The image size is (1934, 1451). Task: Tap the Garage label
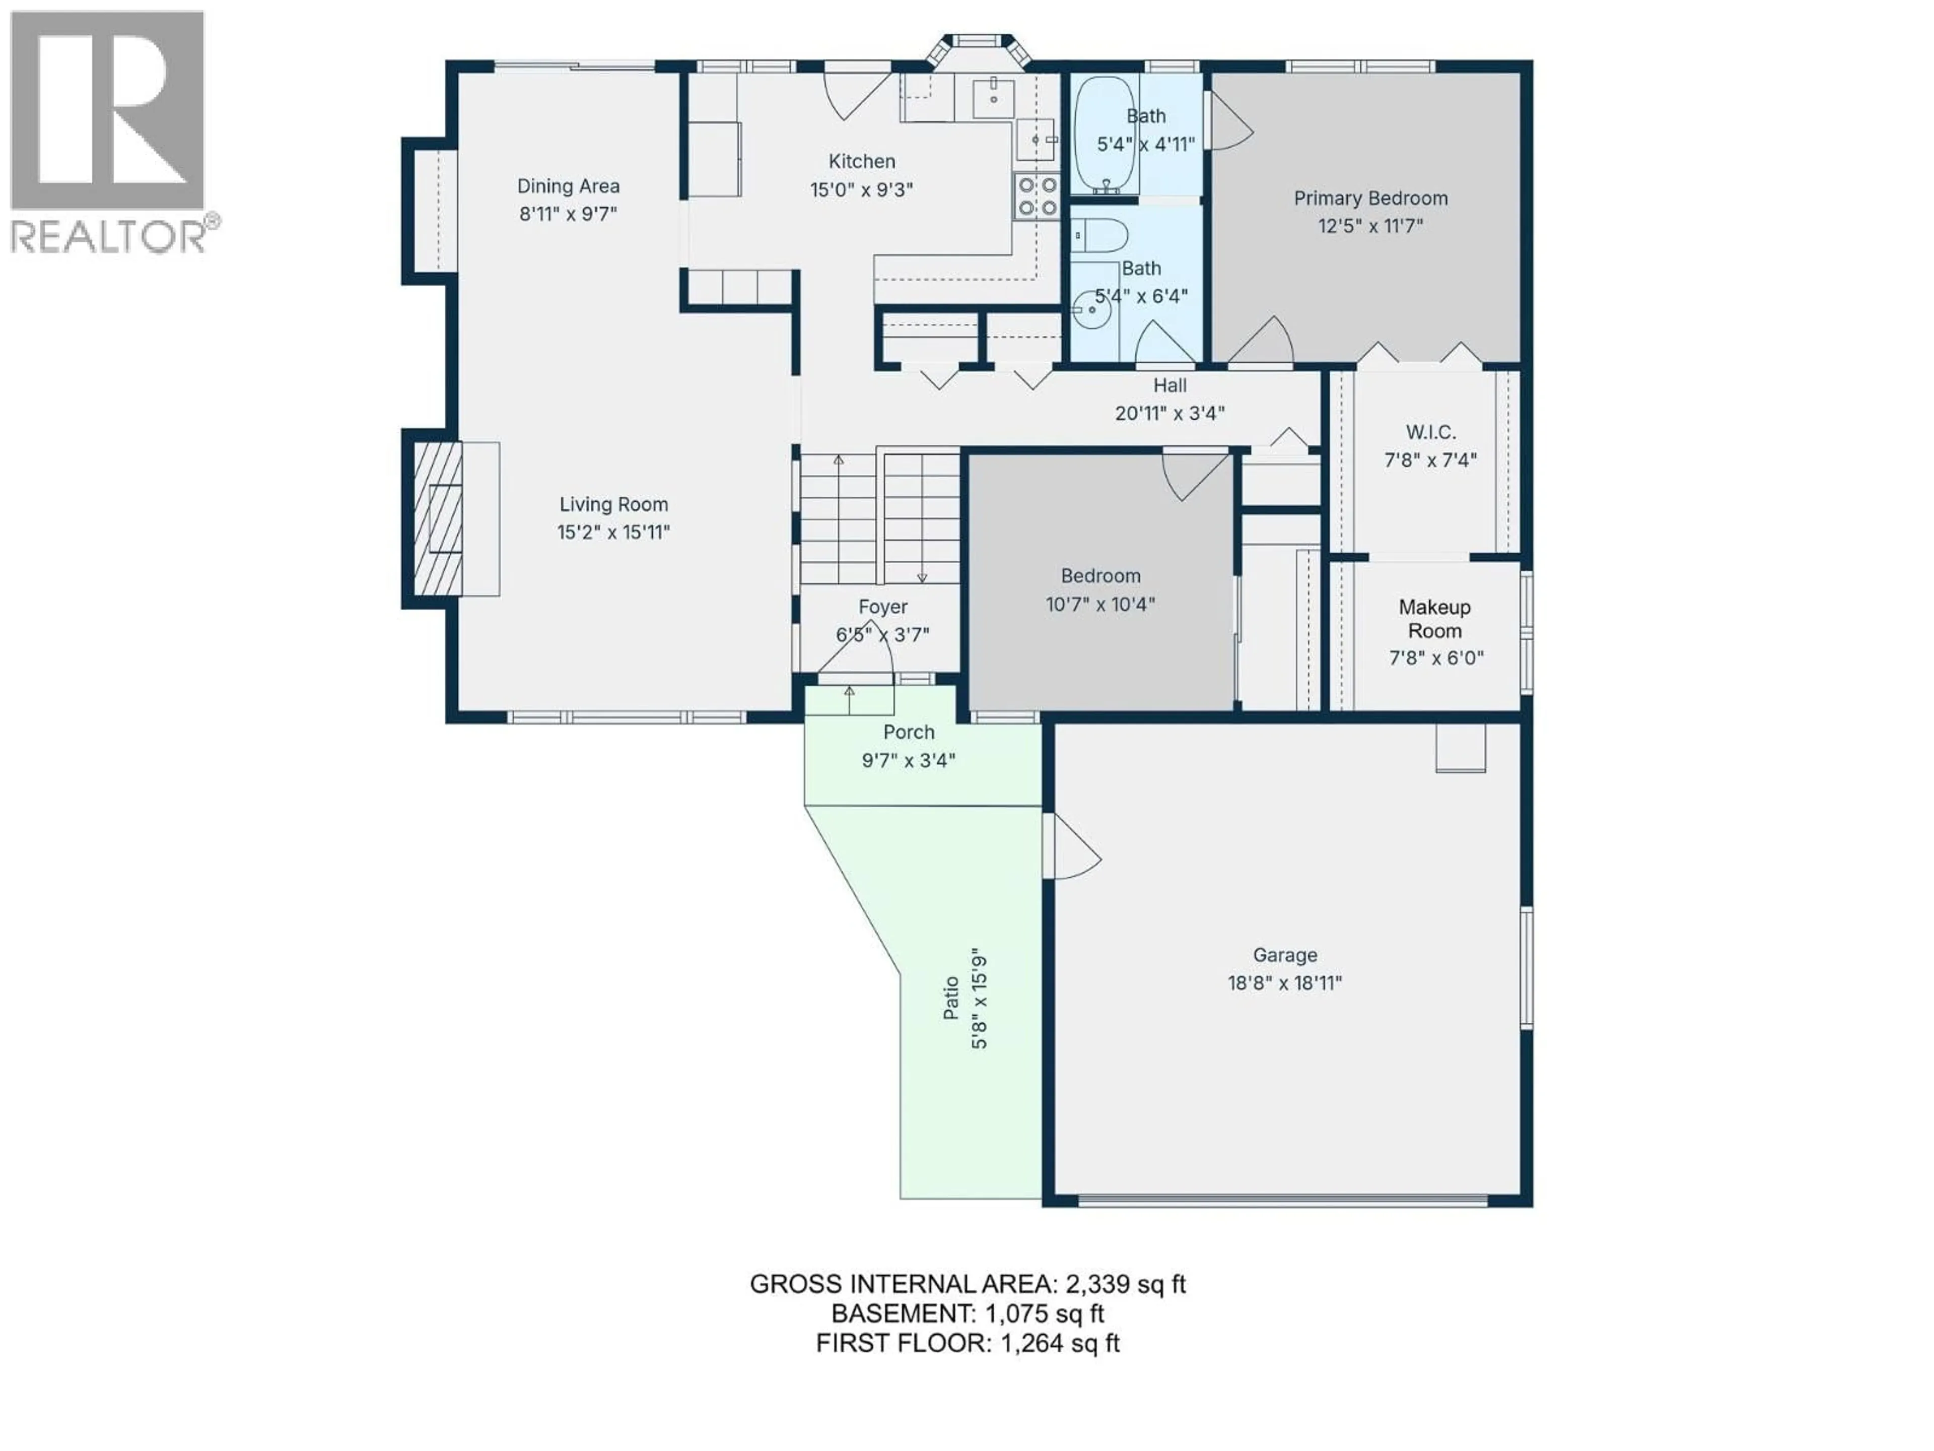coord(1284,955)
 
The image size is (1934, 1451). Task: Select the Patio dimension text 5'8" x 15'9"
coord(979,998)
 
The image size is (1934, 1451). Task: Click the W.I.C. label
coord(1430,432)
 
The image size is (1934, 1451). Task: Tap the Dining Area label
coord(568,186)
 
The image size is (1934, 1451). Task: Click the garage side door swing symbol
coord(1074,846)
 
